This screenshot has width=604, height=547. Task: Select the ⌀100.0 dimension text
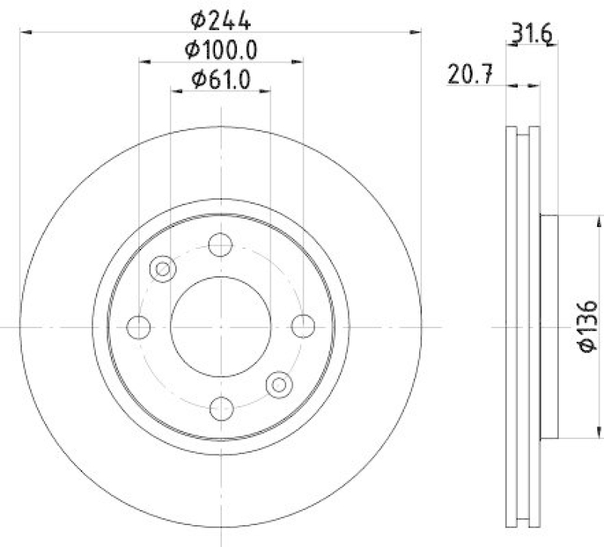coord(221,51)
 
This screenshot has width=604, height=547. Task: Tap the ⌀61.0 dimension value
coord(220,78)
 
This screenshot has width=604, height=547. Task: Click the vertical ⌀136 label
coord(590,326)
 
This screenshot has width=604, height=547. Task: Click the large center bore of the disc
coord(220,326)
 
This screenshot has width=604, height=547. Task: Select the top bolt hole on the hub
coord(220,244)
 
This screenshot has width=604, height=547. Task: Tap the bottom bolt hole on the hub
coord(220,407)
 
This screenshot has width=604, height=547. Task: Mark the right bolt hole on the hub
coord(302,326)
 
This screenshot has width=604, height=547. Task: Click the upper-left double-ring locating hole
coord(162,268)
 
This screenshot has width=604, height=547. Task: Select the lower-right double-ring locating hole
coord(279,384)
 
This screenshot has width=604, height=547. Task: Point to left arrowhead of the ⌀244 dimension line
coord(24,32)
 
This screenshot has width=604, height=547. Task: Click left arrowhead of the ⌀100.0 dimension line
coord(143,62)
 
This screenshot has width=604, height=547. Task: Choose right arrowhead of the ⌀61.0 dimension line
coord(266,91)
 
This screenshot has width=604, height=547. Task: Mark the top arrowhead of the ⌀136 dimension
coord(577,220)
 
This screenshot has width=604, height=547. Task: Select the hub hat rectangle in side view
coord(549,326)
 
